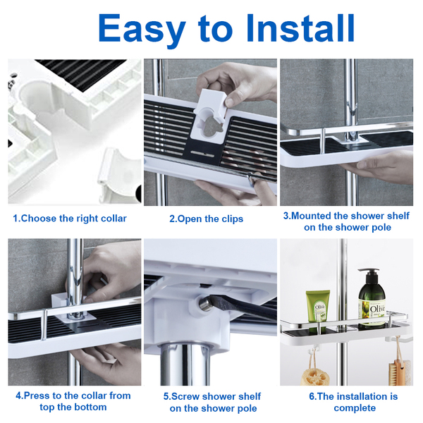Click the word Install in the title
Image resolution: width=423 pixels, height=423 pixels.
(x=300, y=27)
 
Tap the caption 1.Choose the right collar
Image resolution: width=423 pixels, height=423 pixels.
(x=70, y=219)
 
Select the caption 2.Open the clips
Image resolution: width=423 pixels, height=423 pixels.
(x=206, y=219)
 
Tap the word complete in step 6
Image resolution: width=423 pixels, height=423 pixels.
(x=355, y=408)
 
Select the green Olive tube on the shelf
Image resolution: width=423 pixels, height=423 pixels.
(x=317, y=306)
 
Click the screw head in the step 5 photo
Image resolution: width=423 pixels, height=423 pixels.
(x=204, y=304)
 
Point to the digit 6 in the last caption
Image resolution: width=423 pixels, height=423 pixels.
(x=312, y=396)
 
